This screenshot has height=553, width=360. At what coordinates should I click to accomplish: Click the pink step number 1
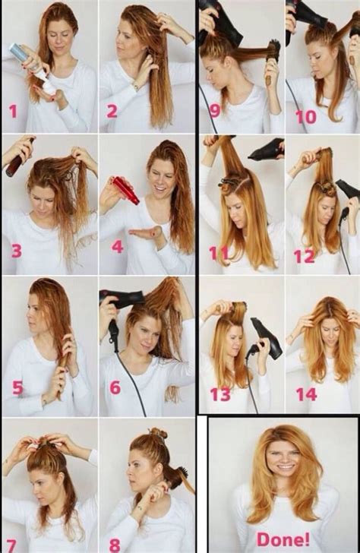tap(13, 112)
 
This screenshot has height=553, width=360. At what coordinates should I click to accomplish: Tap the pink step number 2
tap(112, 112)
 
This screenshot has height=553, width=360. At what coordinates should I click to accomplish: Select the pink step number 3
tap(17, 248)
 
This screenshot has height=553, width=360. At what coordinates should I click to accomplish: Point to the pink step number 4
tap(117, 247)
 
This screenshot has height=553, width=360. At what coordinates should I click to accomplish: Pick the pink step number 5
tap(17, 388)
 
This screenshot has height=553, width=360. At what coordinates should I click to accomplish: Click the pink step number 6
tap(115, 388)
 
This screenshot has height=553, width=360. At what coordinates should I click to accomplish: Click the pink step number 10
tap(305, 118)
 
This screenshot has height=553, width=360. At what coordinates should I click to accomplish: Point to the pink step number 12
tap(304, 256)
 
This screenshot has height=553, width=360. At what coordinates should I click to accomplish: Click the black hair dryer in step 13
tap(266, 338)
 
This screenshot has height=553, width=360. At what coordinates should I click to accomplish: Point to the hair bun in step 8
tap(157, 434)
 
